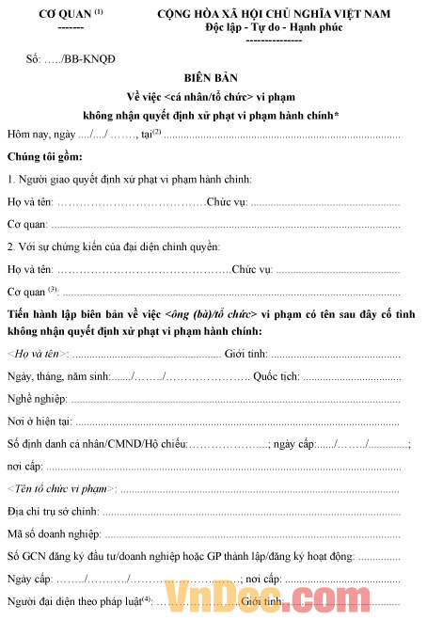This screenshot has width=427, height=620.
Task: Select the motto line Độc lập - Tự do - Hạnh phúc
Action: (274, 27)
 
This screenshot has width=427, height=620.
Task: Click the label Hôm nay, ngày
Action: (43, 134)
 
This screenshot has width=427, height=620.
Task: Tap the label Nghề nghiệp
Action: (39, 399)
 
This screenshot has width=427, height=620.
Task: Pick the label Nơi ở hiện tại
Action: (39, 421)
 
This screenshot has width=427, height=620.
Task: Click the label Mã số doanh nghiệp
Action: (53, 533)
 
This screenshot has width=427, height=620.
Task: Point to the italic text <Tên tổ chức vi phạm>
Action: (61, 488)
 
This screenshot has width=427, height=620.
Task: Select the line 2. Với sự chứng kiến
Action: (113, 246)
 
